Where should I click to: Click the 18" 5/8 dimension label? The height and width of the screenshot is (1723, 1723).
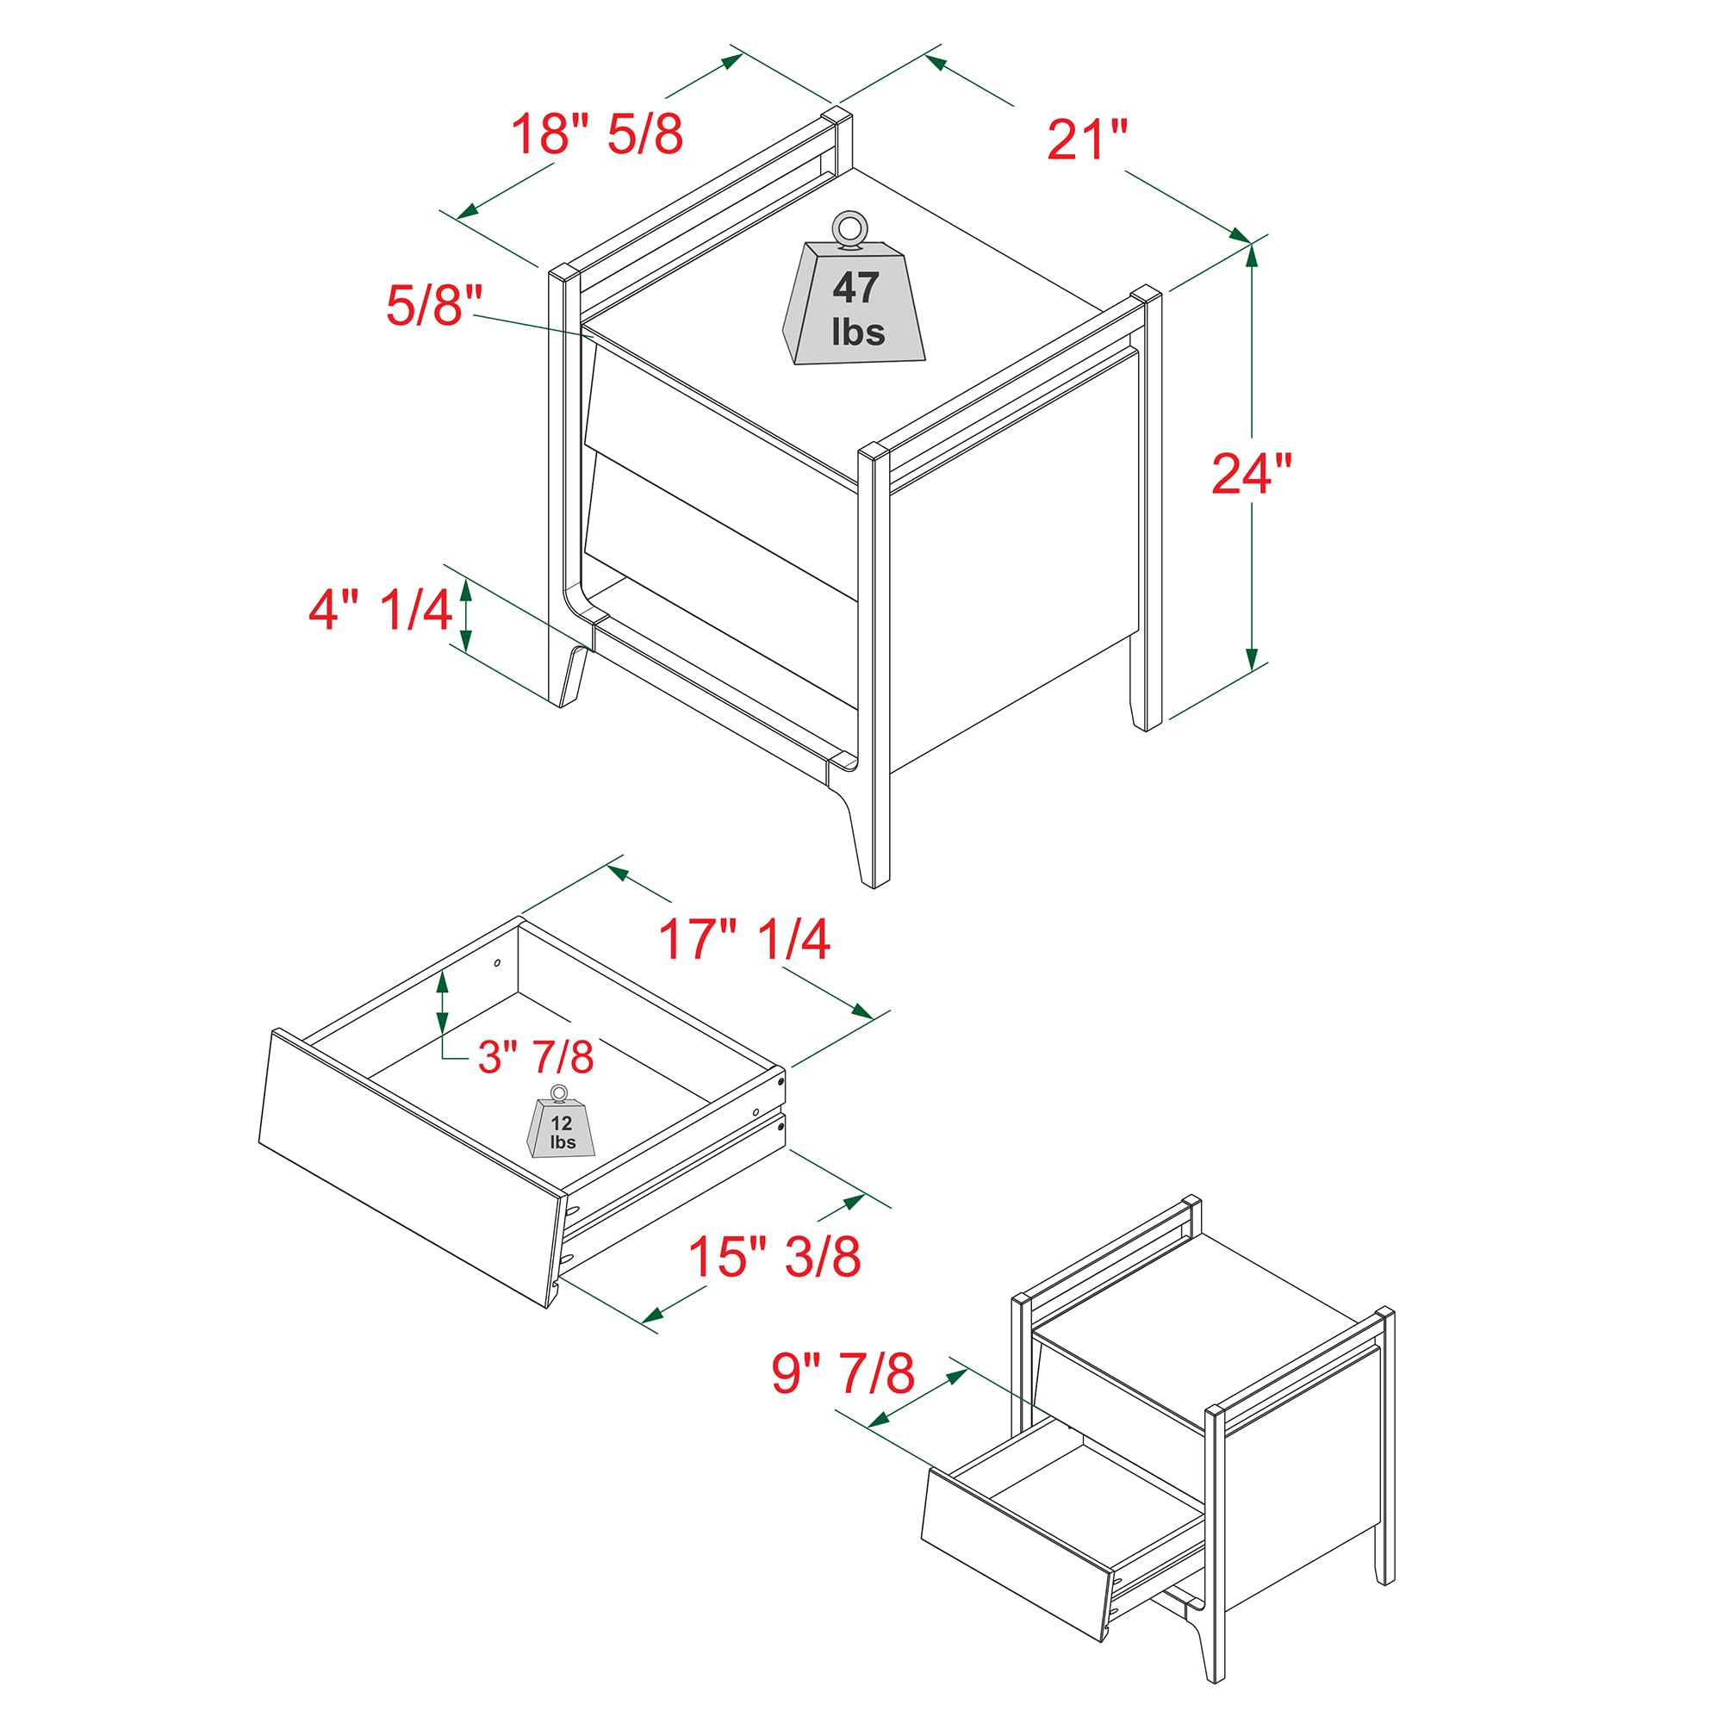point(596,134)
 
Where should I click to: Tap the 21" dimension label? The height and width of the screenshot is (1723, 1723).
point(1086,140)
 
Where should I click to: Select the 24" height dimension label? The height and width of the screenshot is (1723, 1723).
point(1250,474)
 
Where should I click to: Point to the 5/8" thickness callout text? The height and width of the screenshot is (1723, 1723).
point(433,304)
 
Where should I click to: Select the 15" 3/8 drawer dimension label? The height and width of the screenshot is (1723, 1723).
point(774,1256)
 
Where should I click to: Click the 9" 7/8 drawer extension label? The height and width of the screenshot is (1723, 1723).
point(842,1372)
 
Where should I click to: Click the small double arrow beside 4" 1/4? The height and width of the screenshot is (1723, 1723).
point(464,613)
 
